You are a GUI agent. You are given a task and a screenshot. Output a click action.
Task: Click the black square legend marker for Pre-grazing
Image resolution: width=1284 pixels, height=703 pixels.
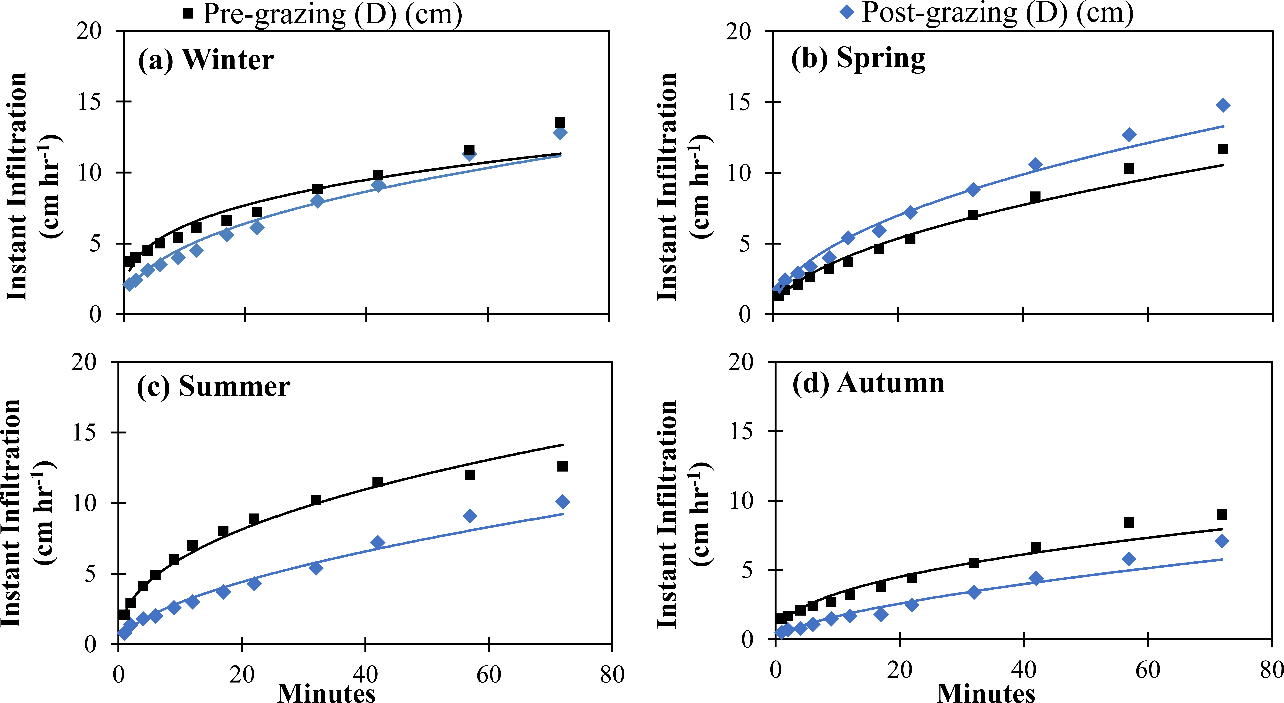[188, 13]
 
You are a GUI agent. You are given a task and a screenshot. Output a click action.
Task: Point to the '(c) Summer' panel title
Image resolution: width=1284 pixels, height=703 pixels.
[213, 386]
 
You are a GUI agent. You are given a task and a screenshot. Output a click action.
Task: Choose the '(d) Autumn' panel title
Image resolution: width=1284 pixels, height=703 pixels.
[868, 383]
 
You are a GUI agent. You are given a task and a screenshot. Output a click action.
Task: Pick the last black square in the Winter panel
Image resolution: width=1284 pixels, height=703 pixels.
[560, 123]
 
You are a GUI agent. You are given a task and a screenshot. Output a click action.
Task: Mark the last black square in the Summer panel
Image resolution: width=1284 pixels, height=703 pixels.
[562, 466]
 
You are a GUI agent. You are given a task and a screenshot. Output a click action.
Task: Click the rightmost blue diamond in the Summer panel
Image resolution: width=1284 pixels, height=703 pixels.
[562, 502]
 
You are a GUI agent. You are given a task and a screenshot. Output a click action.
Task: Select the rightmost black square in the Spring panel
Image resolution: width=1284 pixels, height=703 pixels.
[1223, 149]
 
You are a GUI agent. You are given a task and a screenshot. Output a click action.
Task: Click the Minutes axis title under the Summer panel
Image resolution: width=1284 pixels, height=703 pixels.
[326, 692]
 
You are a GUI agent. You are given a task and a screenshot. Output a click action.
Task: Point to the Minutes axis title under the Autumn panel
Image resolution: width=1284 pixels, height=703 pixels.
[986, 692]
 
